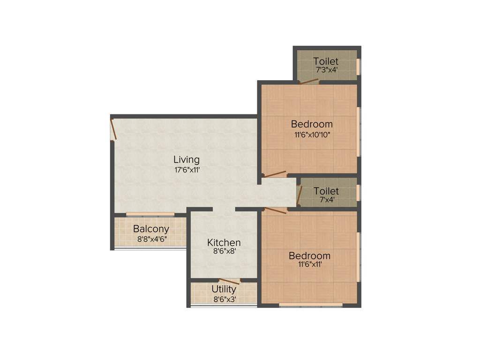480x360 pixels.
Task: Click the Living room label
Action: (x=187, y=159)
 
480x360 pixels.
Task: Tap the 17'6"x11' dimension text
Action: (x=187, y=170)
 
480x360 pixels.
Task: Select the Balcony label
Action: (x=151, y=229)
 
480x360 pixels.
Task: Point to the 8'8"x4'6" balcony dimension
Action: (x=152, y=239)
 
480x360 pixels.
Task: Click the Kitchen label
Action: (x=224, y=243)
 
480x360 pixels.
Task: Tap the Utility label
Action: (x=224, y=289)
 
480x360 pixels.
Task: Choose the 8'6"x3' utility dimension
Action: (x=224, y=298)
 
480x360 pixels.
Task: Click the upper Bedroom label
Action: (x=312, y=124)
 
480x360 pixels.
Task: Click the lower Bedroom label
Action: (x=309, y=256)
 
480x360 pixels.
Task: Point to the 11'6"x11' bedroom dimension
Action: (x=309, y=265)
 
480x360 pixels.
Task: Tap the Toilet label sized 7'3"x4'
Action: (x=326, y=61)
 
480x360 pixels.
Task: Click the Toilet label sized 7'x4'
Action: (x=326, y=191)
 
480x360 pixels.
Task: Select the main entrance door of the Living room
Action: (x=113, y=129)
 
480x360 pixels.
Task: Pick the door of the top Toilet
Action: (x=309, y=82)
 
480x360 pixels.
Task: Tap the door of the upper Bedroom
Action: (x=275, y=174)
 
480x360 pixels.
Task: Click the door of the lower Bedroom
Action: (x=276, y=210)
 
